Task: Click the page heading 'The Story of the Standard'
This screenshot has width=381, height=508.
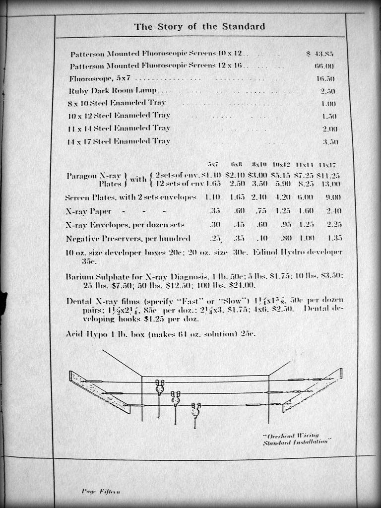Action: pyautogui.click(x=199, y=27)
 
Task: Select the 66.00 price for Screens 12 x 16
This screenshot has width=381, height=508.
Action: pyautogui.click(x=324, y=66)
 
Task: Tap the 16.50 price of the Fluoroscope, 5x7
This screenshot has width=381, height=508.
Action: pyautogui.click(x=325, y=79)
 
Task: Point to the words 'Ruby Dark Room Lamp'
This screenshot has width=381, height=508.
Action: pyautogui.click(x=112, y=91)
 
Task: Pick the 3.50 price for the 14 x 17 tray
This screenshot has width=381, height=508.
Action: pyautogui.click(x=330, y=141)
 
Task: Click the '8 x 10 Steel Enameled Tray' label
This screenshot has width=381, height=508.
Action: pyautogui.click(x=117, y=103)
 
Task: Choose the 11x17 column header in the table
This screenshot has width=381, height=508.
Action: pyautogui.click(x=327, y=164)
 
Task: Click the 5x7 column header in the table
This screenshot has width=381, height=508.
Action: pyautogui.click(x=213, y=164)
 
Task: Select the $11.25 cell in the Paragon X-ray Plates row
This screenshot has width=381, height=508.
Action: pyautogui.click(x=328, y=175)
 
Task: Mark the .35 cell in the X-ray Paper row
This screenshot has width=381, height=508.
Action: pyautogui.click(x=215, y=211)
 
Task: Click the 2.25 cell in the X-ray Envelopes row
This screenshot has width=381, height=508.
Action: pyautogui.click(x=333, y=224)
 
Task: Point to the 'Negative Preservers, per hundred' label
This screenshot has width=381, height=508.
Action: pyautogui.click(x=127, y=238)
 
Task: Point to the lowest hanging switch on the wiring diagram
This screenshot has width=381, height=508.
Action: pyautogui.click(x=195, y=411)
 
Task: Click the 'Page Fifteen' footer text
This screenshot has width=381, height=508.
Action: pyautogui.click(x=100, y=491)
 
